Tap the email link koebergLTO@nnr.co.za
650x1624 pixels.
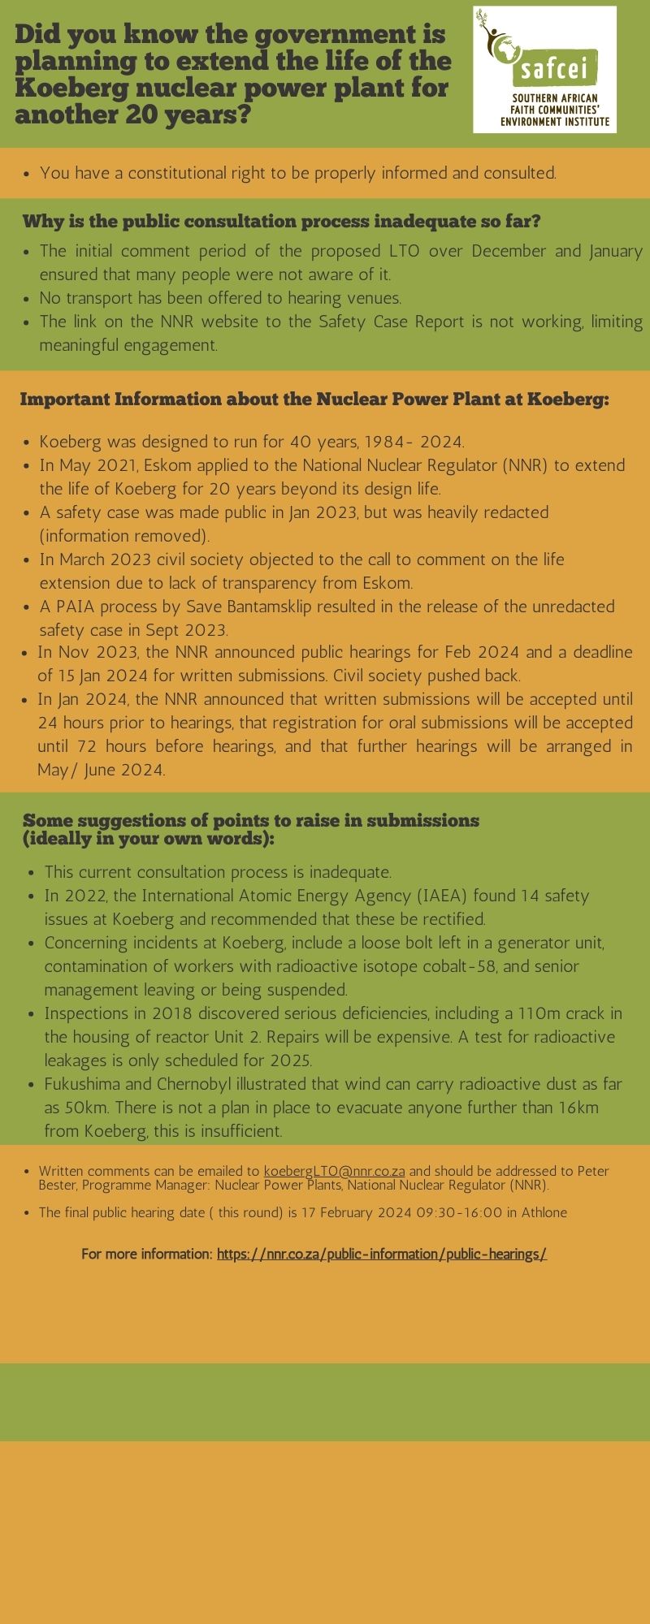click(335, 1172)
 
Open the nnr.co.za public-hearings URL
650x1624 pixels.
click(381, 1255)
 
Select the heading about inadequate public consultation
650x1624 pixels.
click(281, 222)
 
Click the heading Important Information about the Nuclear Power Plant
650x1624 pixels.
click(314, 400)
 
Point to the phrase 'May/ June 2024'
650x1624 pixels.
click(101, 770)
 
